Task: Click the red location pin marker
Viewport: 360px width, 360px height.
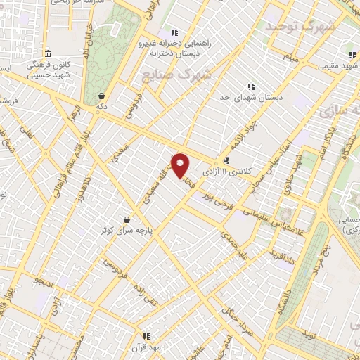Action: (181, 166)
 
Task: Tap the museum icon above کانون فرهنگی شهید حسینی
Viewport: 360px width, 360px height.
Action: (48, 54)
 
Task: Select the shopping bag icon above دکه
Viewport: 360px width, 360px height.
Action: (102, 96)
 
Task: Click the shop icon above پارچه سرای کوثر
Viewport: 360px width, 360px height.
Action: (127, 219)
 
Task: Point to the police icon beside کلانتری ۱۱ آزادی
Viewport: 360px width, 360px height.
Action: (226, 161)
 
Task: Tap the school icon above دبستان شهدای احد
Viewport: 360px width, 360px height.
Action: (251, 86)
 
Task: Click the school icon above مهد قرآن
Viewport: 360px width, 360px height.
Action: (146, 336)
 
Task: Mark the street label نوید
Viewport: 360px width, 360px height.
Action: (309, 338)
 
